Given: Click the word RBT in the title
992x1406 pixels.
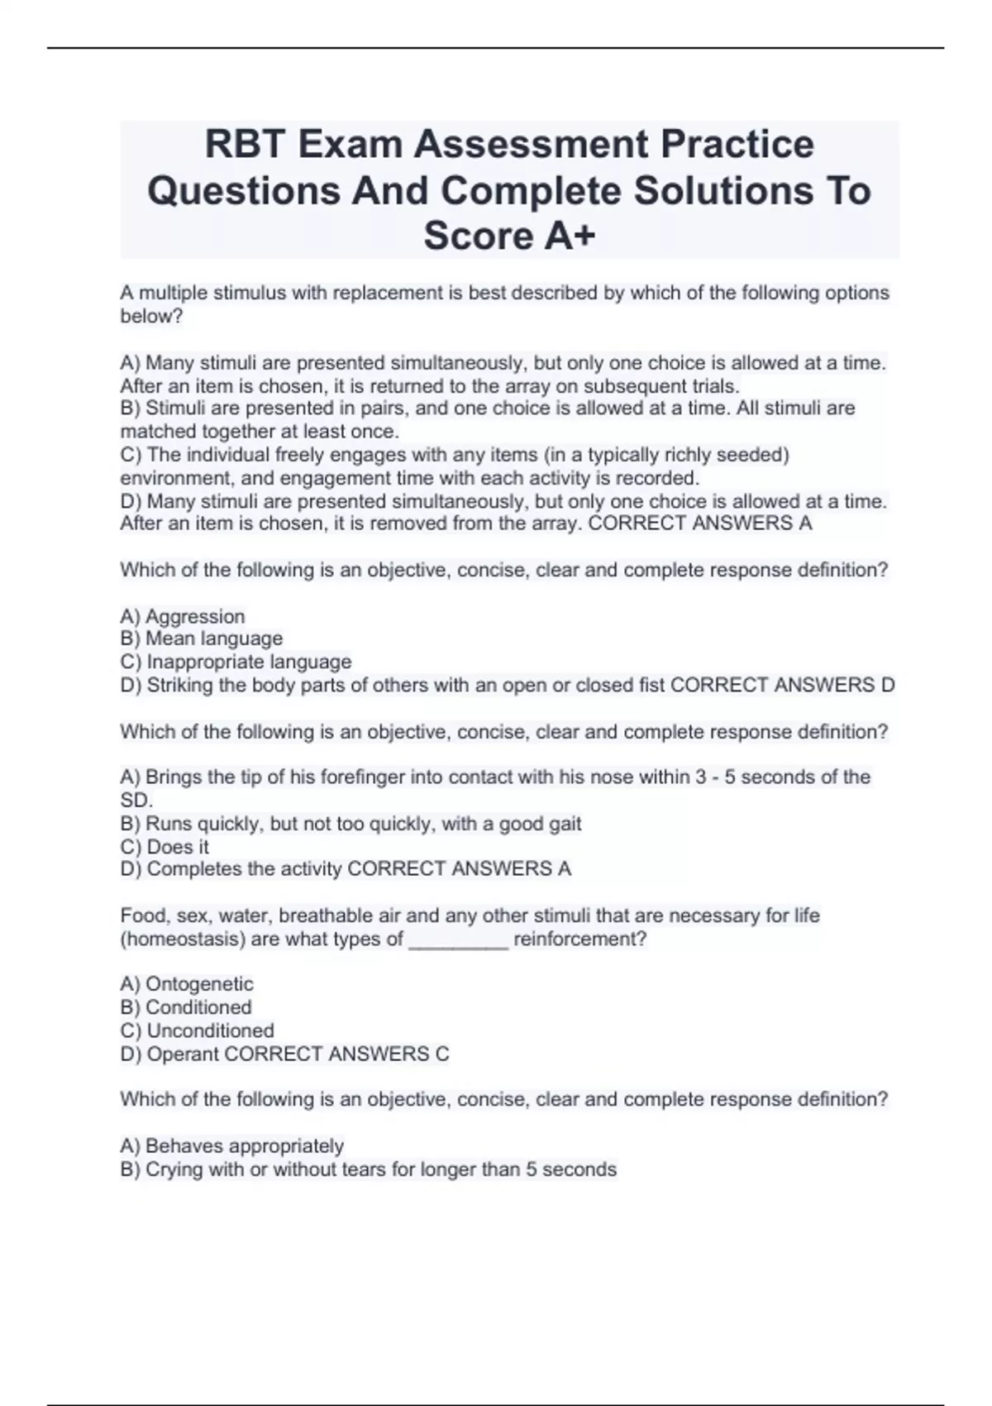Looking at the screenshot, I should [x=245, y=144].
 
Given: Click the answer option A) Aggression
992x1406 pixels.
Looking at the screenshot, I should [x=183, y=616].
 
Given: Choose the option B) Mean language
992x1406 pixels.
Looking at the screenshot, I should [x=202, y=638].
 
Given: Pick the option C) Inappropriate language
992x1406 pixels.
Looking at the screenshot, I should [x=236, y=662].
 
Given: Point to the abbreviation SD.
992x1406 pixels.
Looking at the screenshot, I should [x=136, y=800].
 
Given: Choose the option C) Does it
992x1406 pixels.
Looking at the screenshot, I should [x=165, y=847].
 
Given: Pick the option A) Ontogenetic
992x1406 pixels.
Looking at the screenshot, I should [x=187, y=984].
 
